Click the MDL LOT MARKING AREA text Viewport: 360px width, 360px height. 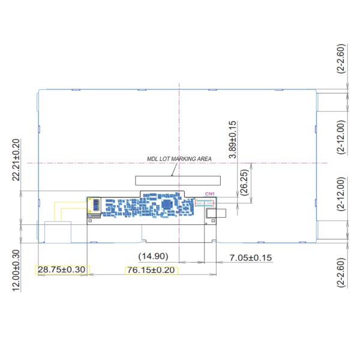179,159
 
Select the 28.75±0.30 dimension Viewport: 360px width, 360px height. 62,270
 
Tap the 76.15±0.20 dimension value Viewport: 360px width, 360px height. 151,270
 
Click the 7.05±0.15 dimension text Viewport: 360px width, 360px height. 251,258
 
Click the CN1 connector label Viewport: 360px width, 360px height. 209,194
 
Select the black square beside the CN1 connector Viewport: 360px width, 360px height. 211,212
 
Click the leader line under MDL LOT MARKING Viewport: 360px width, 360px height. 173,169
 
